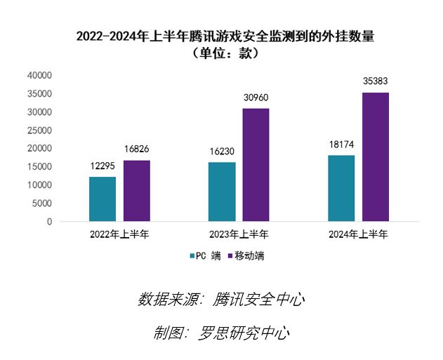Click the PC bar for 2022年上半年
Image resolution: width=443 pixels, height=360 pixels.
click(103, 199)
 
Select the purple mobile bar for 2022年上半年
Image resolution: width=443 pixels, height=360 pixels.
click(137, 190)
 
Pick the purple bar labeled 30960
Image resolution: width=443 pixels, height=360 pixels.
click(256, 165)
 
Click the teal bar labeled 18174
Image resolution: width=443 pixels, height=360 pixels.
click(341, 188)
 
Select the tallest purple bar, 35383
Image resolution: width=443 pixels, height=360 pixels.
click(376, 156)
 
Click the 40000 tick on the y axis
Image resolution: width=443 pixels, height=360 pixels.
click(39, 75)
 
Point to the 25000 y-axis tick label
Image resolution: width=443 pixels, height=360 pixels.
click(39, 130)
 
